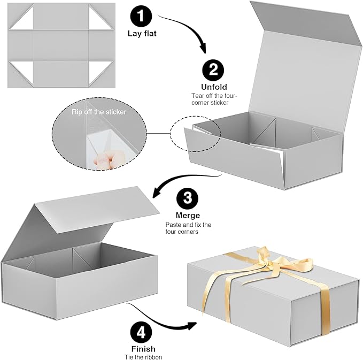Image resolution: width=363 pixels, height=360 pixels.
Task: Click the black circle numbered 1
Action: [141, 16]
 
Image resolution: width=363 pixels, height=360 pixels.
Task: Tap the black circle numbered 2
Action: [214, 70]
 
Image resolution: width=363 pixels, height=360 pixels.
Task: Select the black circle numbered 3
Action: [187, 198]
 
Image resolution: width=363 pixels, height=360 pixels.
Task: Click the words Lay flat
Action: [141, 33]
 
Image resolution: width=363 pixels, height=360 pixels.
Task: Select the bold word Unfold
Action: [214, 87]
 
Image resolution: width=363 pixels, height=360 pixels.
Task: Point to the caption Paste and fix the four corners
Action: [189, 229]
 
